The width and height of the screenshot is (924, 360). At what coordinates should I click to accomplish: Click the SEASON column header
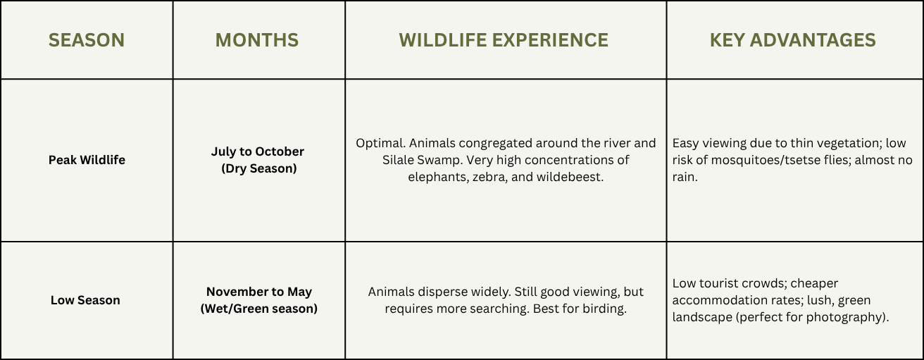pos(87,40)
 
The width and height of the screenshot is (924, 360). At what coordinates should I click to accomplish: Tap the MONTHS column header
pos(257,40)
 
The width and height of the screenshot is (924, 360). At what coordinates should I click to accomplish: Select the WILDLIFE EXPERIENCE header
pos(504,40)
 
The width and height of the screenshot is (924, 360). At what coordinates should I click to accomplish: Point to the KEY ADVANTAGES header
pos(793,40)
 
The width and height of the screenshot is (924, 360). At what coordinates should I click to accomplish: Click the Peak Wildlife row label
pos(87,160)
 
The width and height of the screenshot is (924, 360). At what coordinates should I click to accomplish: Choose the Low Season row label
pos(85,300)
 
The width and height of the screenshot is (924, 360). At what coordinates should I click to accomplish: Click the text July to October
pos(258,151)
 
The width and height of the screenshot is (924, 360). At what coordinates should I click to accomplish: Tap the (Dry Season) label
pos(259,168)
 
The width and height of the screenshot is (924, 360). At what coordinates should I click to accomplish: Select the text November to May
pos(259,292)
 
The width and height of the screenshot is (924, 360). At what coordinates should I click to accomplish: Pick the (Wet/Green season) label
pos(259,309)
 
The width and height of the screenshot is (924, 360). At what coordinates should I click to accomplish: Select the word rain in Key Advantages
pos(685,177)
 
